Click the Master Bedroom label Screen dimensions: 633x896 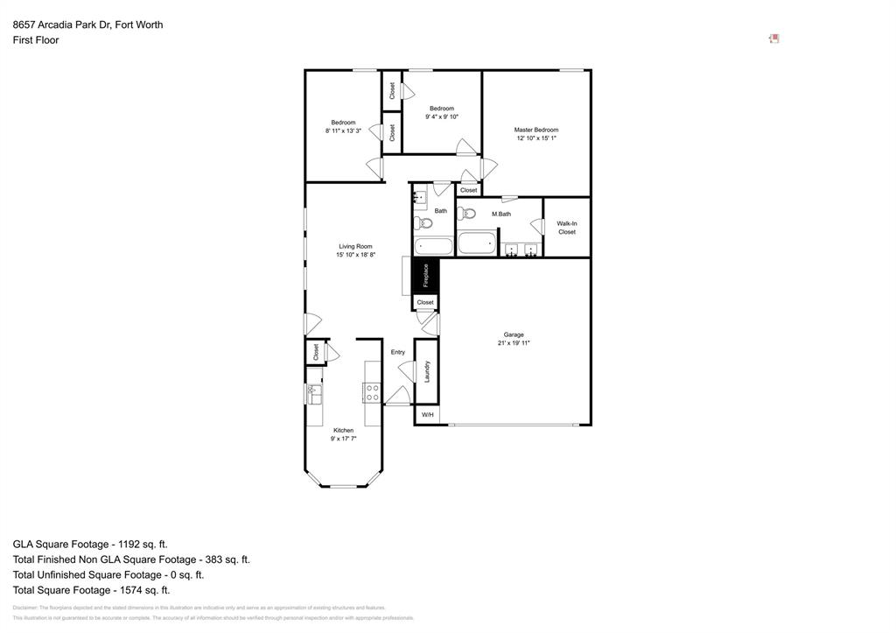click(x=535, y=130)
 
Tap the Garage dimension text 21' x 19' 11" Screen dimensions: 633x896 click(x=514, y=343)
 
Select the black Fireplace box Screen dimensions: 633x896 click(x=425, y=276)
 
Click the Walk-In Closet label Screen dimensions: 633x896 click(x=567, y=228)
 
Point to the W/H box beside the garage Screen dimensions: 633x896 click(x=427, y=415)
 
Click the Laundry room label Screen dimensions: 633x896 click(x=426, y=371)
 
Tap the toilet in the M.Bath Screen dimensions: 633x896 click(x=465, y=214)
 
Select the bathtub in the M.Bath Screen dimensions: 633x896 click(x=477, y=243)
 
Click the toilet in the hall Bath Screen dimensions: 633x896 click(x=422, y=223)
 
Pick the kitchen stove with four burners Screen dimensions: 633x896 click(x=372, y=392)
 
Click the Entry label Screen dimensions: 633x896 click(x=398, y=352)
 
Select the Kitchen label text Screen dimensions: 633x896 click(x=343, y=430)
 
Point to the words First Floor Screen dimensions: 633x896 click(x=36, y=40)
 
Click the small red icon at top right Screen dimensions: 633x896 click(x=773, y=39)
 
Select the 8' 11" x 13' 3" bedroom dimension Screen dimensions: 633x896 click(x=343, y=130)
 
